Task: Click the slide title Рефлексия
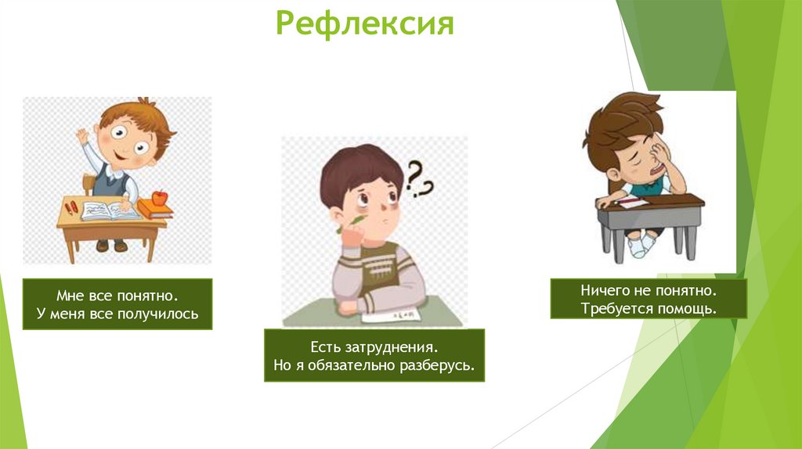365,23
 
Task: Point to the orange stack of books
154,210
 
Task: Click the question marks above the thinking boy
419,178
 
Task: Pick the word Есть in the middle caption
326,346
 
